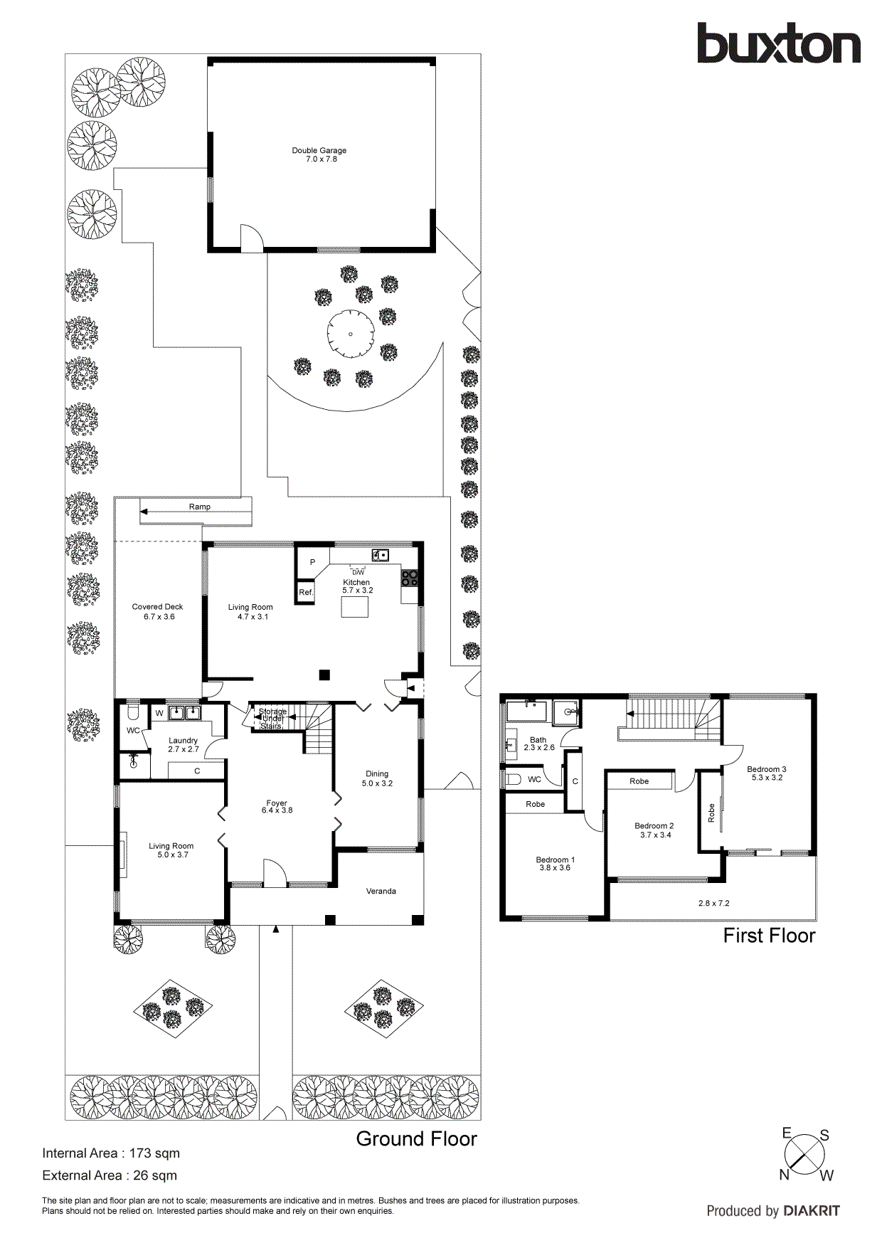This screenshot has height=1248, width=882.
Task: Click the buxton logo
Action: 778,44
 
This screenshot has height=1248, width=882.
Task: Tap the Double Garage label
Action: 319,154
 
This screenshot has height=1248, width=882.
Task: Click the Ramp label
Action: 200,507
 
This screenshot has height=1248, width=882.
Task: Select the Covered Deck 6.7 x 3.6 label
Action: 158,611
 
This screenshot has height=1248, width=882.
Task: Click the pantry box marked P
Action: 312,562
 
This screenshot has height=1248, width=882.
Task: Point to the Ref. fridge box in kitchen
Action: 306,592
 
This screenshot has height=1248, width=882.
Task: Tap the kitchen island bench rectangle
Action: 355,607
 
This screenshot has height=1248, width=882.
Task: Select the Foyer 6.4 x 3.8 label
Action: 277,806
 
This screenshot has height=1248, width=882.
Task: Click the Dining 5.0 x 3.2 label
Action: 377,778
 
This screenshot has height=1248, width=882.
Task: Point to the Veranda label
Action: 381,891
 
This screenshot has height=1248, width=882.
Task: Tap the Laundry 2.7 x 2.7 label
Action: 184,744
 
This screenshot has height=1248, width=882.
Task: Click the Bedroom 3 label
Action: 766,773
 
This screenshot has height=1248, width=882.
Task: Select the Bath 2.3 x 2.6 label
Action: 538,744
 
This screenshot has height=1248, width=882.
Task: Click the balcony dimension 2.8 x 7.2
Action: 713,903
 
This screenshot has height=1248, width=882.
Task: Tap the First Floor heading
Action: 769,936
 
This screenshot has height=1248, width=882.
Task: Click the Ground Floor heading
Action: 416,1139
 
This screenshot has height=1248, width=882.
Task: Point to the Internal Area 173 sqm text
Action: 111,1153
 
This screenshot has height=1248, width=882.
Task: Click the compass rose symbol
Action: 805,1155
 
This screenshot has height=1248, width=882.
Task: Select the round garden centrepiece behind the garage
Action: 351,334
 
